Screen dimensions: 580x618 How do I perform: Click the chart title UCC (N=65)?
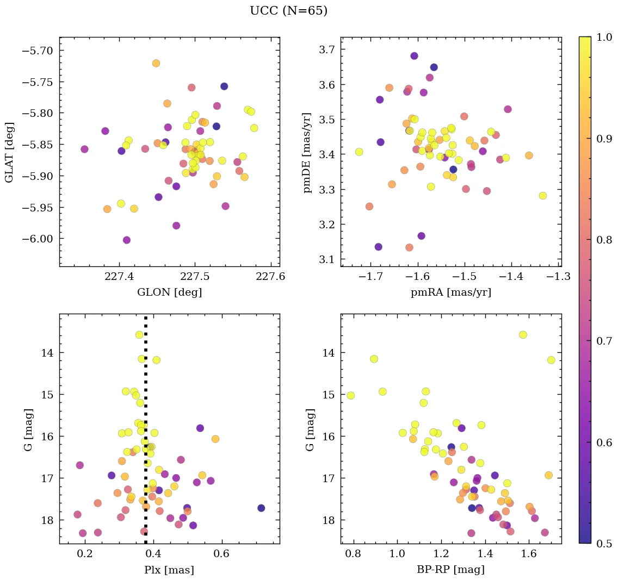pos(288,11)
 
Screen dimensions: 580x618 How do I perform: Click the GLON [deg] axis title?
pos(170,292)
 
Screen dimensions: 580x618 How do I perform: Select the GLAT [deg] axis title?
pos(9,152)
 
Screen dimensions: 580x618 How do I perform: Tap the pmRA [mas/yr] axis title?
pos(451,292)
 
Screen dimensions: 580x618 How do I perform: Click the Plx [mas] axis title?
pos(169,570)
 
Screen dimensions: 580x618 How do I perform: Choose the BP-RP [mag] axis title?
pos(451,570)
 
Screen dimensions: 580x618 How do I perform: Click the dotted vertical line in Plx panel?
pos(146,435)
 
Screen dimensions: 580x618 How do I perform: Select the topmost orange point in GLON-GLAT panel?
pos(156,63)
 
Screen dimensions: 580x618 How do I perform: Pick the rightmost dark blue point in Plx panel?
pos(261,508)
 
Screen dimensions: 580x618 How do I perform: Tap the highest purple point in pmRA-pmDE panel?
pos(414,56)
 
